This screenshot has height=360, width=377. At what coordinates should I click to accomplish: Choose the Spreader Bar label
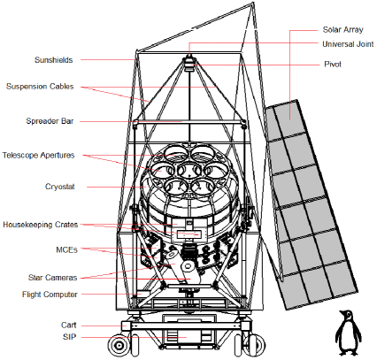coord(50,120)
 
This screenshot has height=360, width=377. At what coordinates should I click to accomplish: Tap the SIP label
coord(74,338)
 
